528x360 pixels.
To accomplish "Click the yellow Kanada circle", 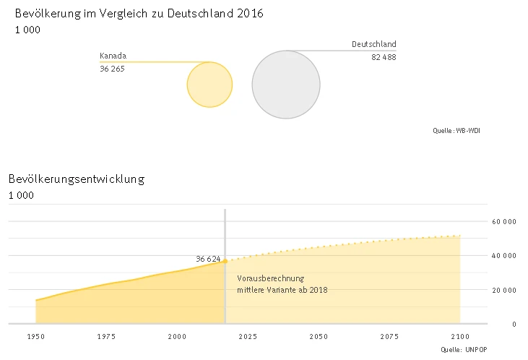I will coord(209,85).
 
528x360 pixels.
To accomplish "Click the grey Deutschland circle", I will coord(286,84).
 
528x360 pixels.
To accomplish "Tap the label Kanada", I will coord(113,56).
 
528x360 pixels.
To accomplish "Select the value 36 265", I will coord(112,69).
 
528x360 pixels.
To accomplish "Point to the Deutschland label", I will coord(373,44).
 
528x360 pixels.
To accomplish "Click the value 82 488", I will coord(384,57).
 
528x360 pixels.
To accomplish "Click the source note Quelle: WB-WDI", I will coord(456,131).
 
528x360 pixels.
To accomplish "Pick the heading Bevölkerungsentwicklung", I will coord(77,179).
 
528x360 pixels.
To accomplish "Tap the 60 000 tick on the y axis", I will coord(503,221).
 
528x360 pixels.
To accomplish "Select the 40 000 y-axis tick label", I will coord(503,256).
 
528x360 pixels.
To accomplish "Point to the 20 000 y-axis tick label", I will coord(503,290).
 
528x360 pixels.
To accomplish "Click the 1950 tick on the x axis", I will coord(36,337).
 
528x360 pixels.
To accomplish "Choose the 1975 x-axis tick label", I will coord(106,337).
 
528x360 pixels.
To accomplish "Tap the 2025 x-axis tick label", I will coord(248,337).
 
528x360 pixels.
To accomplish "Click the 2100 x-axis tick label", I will coord(460,337).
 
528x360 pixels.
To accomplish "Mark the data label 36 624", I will coord(208,259).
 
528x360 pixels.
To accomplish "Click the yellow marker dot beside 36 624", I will coord(225,261).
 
